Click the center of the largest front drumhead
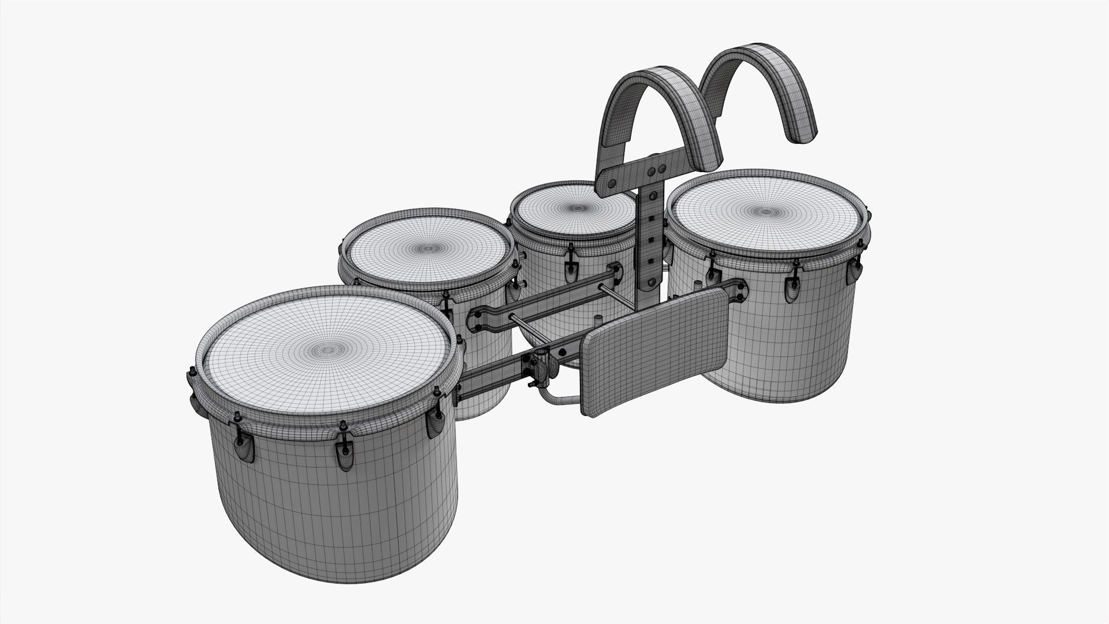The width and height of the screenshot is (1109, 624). tap(328, 350)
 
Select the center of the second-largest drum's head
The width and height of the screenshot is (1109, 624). tap(427, 250)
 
